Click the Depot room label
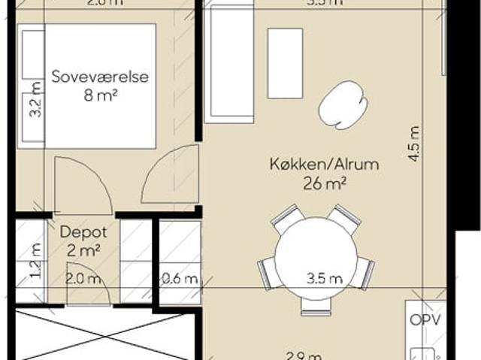80,233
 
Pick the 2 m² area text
80,251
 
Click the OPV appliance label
424,319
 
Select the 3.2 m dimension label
33,102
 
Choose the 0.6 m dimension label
180,279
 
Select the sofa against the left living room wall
230,65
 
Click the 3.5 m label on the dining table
325,278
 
